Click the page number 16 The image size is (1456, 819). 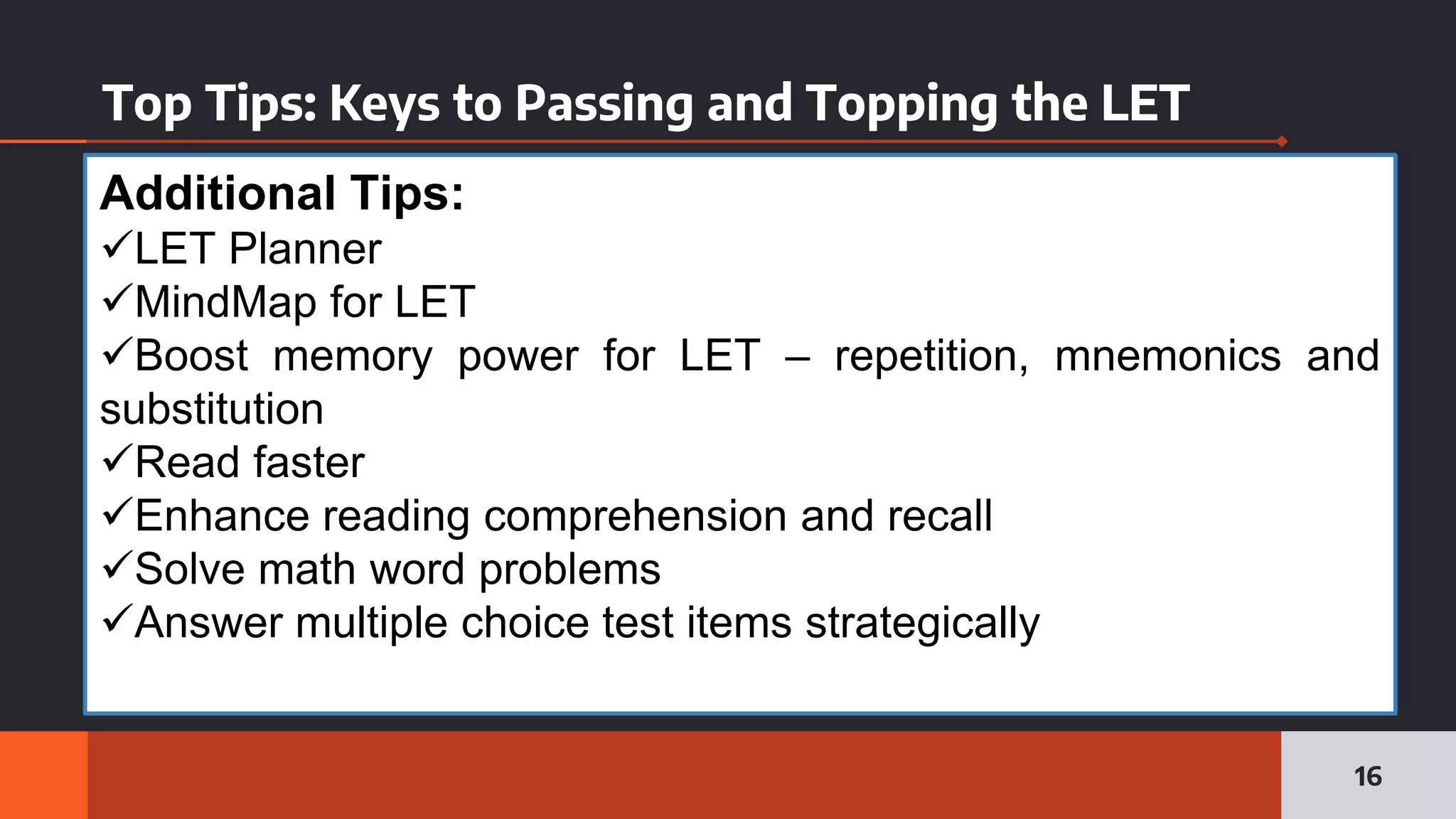1368,776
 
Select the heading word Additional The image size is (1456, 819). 218,193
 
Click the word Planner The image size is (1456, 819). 305,249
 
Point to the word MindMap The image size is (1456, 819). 225,302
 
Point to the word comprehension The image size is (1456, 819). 635,516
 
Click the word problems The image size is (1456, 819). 569,569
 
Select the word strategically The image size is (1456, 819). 922,623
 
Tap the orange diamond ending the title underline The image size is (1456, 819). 1282,141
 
